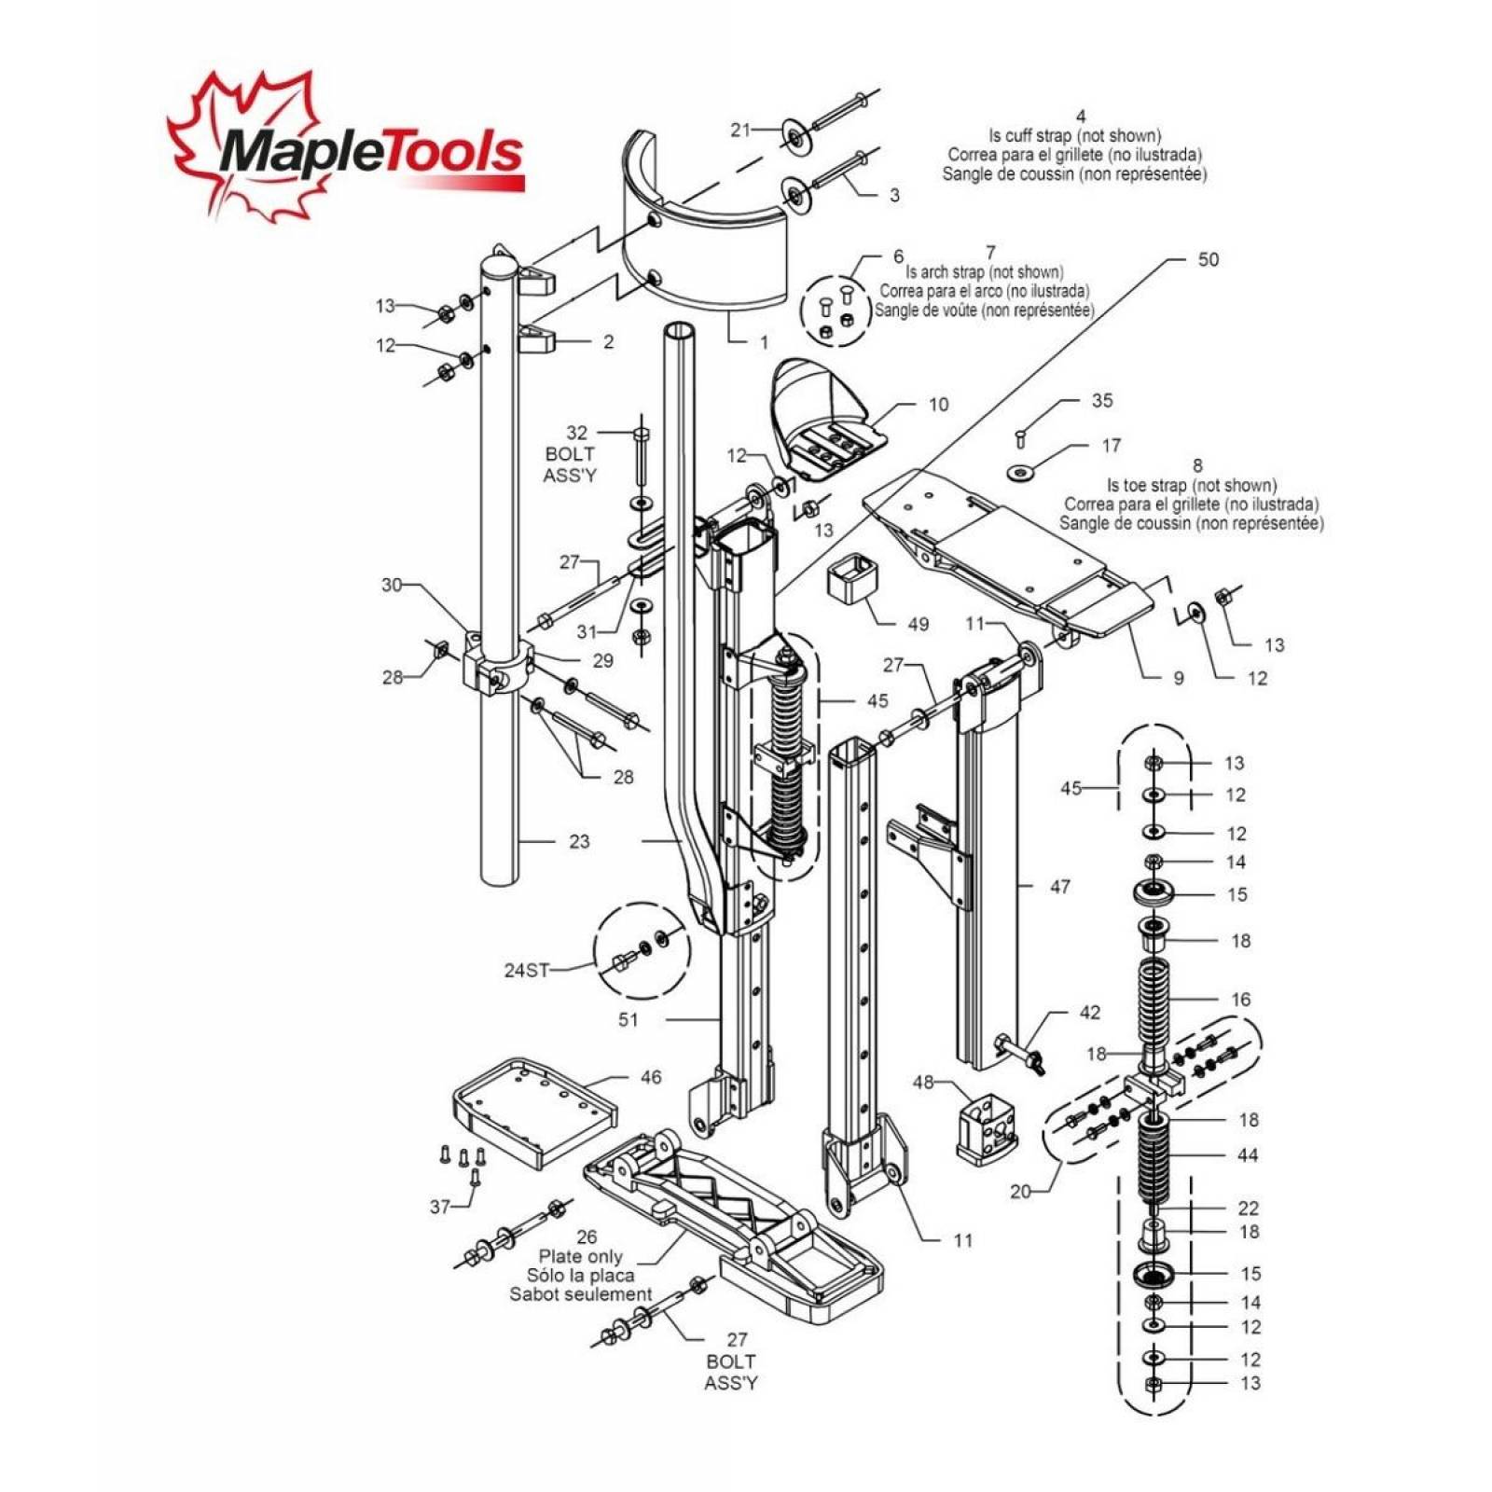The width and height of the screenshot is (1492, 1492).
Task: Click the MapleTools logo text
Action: click(368, 151)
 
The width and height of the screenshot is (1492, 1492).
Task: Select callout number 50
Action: click(1207, 259)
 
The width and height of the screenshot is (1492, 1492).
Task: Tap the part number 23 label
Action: click(579, 841)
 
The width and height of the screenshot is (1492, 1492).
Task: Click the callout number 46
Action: click(650, 1077)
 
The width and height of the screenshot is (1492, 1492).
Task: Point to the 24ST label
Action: click(527, 970)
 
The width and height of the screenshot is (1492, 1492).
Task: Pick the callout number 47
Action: click(1060, 886)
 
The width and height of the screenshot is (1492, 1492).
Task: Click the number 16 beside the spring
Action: click(1240, 999)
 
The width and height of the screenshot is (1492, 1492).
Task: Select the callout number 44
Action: click(1248, 1154)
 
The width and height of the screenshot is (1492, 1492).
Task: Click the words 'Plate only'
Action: click(580, 1256)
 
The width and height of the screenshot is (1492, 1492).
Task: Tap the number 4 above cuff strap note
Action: click(1081, 117)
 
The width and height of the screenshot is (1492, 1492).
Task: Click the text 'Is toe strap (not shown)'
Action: click(1191, 485)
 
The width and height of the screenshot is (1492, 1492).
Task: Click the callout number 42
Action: click(1089, 1012)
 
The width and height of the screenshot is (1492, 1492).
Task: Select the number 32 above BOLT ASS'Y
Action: click(577, 433)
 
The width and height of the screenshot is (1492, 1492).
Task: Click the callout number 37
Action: click(440, 1206)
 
